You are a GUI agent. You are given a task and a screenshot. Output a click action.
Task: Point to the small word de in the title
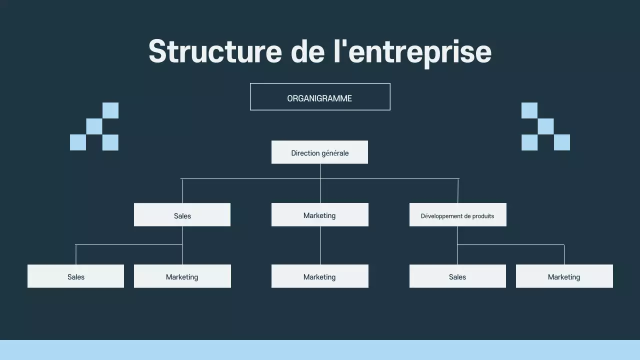click(307, 51)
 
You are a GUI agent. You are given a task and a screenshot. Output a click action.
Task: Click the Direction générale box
click(319, 152)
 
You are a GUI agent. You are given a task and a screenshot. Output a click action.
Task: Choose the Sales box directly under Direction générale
click(182, 215)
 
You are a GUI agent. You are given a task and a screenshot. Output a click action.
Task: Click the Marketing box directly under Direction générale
click(319, 215)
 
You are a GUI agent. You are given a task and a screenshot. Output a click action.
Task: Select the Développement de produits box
click(457, 215)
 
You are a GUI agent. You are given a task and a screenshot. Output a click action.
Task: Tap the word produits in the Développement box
click(481, 216)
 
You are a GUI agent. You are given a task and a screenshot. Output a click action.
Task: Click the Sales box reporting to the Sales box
click(75, 276)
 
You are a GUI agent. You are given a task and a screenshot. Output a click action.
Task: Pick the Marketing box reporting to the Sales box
click(182, 276)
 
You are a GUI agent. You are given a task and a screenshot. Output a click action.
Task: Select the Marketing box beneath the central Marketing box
click(319, 276)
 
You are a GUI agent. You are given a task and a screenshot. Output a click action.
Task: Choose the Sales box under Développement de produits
click(457, 276)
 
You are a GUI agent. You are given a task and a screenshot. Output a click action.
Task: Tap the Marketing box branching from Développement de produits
click(564, 276)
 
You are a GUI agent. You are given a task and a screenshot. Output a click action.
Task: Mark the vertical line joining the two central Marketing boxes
click(320, 245)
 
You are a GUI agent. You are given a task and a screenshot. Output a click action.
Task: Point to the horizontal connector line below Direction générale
click(250, 178)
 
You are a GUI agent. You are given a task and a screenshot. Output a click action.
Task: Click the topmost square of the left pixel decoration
click(110, 110)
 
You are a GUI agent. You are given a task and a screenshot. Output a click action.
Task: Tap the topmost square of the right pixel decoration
click(529, 110)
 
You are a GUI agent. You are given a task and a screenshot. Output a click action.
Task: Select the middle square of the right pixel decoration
click(545, 126)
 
